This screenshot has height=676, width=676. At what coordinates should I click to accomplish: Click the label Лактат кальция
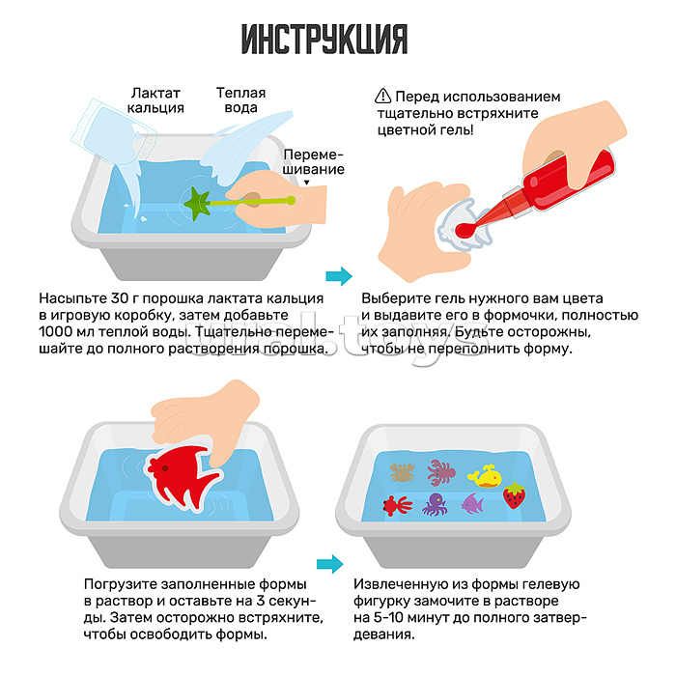[156, 100]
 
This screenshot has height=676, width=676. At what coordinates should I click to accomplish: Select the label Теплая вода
[240, 100]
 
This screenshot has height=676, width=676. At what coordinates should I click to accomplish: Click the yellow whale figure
[484, 475]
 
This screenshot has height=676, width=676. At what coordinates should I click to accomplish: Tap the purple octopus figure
[433, 504]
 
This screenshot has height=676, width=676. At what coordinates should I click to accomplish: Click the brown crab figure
[401, 472]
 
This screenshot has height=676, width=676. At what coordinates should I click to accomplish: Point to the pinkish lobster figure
[442, 470]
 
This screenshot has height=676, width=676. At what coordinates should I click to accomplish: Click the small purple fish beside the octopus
[472, 503]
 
